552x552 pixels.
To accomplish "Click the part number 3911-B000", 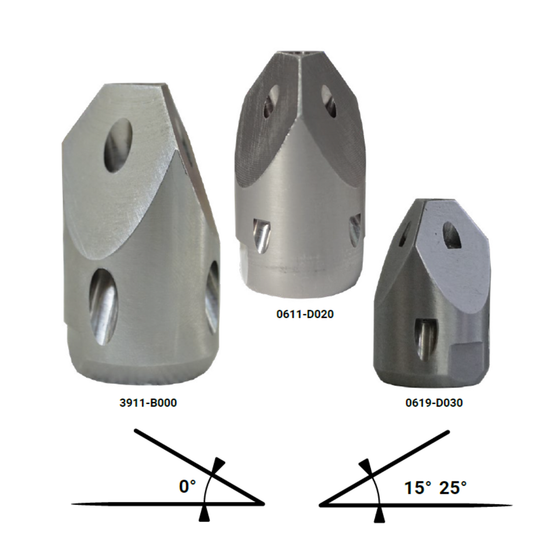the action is point(148,403).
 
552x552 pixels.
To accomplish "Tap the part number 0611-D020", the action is point(305,314).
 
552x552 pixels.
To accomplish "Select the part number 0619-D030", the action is point(434,403).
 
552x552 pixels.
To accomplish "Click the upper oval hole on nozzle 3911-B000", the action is point(118,146).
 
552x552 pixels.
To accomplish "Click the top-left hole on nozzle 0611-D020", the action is point(272,101).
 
